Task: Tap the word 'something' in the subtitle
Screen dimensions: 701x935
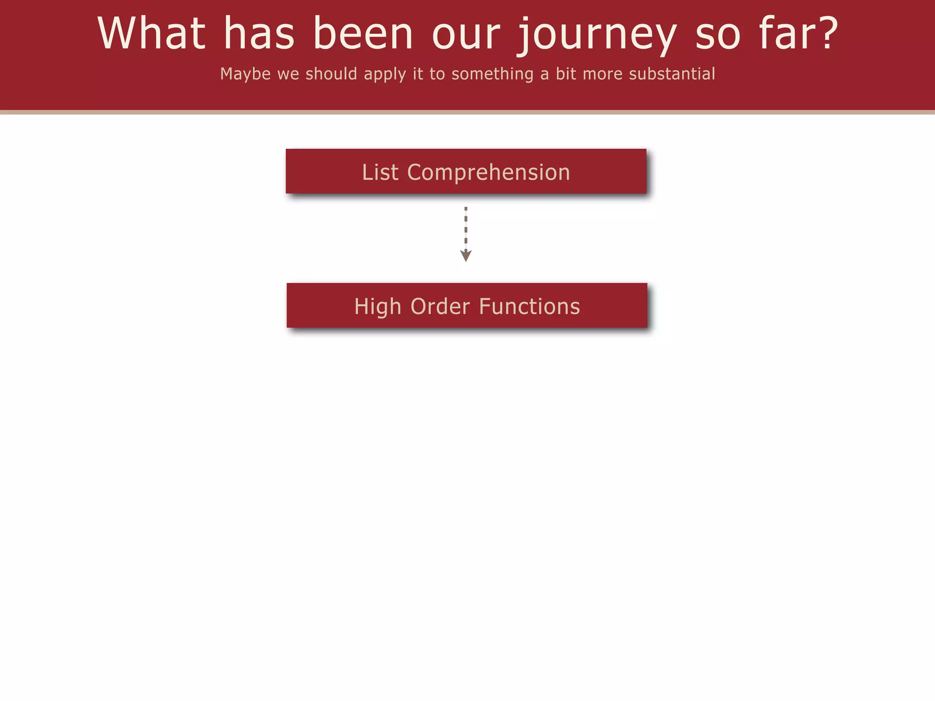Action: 492,74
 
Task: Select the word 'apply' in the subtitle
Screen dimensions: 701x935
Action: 385,74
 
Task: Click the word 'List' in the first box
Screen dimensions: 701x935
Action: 380,173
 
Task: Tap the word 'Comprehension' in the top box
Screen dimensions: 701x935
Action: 489,173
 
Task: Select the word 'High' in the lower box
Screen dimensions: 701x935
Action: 377,307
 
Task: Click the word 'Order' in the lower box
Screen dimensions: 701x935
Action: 440,307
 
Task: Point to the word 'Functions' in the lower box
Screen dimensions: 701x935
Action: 530,307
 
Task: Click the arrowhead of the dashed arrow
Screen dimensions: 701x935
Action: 466,256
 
